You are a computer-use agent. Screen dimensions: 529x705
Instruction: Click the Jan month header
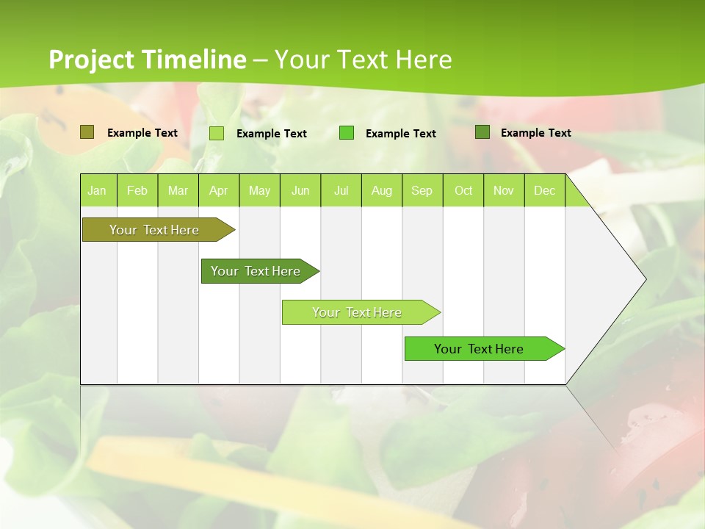98,191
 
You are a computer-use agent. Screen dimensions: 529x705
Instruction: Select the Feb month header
137,191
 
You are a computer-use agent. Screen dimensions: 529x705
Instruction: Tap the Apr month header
219,191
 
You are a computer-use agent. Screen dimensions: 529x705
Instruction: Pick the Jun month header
300,191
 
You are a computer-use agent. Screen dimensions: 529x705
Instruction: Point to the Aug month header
382,191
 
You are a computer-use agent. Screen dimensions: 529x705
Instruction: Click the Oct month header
463,191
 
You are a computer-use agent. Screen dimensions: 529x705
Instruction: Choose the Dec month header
545,191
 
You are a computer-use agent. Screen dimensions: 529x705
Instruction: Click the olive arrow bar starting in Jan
154,230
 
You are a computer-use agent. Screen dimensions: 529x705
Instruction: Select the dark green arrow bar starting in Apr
256,271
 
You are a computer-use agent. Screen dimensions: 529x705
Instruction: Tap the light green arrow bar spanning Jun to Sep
357,312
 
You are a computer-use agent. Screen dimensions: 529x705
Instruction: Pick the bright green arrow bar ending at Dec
479,349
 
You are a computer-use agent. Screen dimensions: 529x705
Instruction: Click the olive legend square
87,132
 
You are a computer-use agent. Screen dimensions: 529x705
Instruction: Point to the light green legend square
217,133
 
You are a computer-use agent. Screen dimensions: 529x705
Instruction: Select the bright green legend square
347,132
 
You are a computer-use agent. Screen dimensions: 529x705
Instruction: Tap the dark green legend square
482,132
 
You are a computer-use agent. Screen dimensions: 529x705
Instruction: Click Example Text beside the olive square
142,133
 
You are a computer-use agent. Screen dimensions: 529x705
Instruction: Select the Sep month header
422,191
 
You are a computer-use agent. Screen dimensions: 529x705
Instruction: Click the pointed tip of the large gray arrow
644,279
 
